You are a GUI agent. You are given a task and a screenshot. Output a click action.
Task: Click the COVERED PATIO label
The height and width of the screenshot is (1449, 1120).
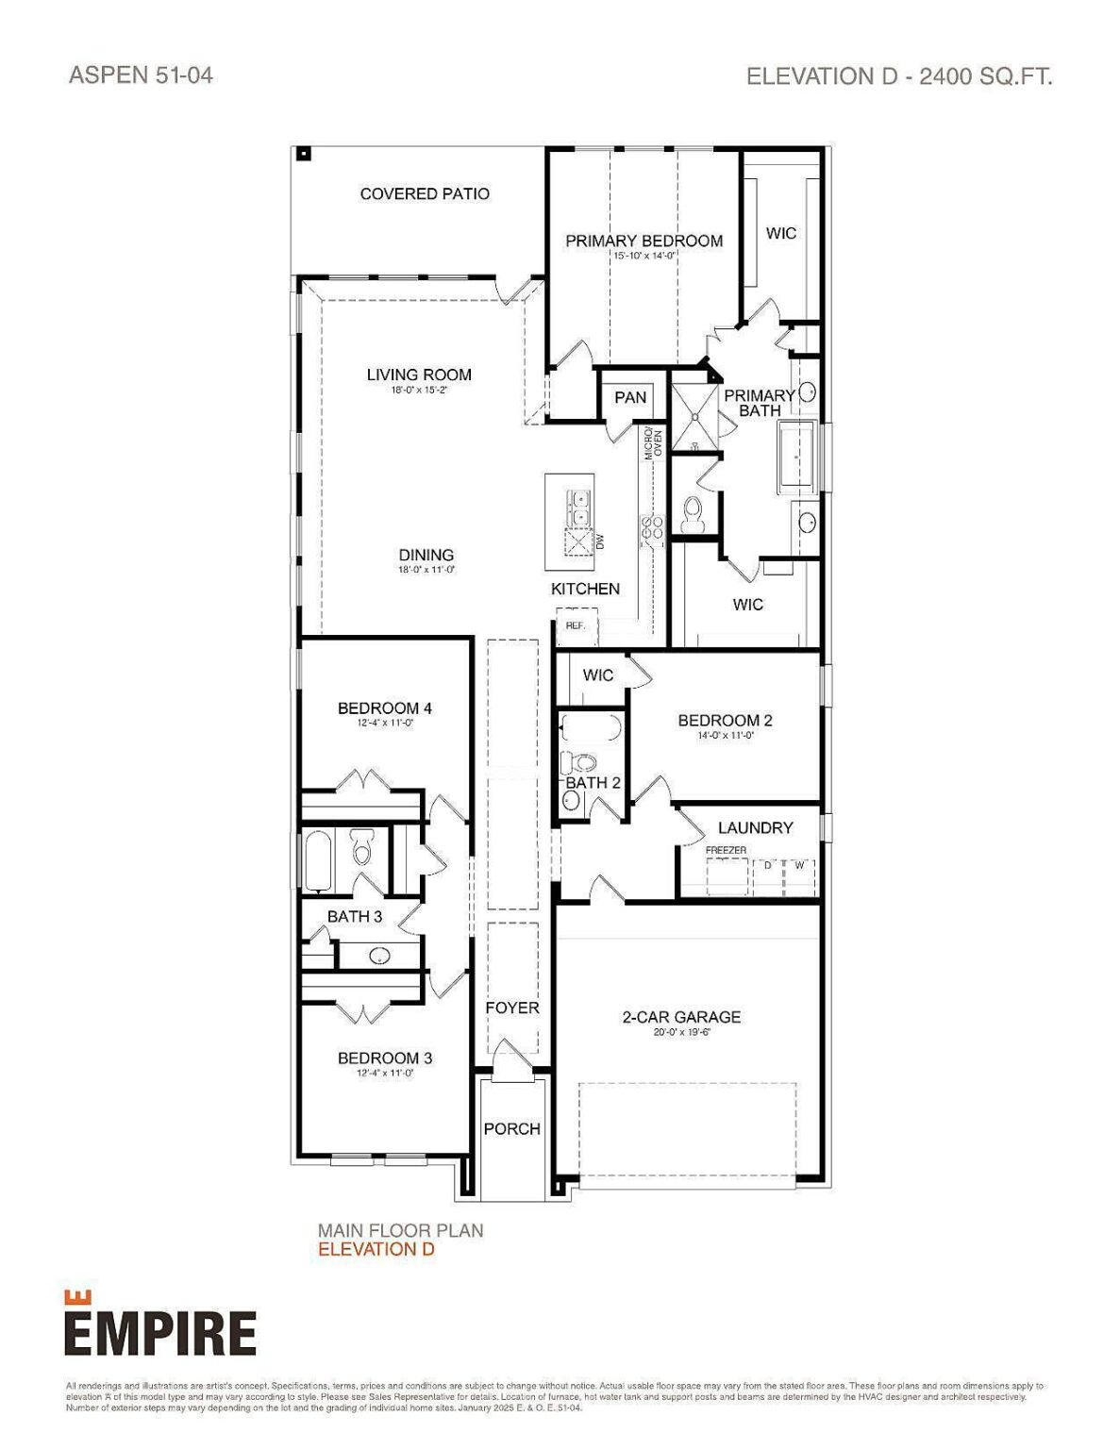pos(425,193)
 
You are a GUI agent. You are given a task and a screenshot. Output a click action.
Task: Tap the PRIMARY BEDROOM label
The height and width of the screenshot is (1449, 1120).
pos(644,241)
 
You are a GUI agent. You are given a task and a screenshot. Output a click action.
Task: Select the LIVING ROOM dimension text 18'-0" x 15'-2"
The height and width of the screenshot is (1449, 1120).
pos(418,390)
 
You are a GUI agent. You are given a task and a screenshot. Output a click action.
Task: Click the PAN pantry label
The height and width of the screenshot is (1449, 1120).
pos(630,397)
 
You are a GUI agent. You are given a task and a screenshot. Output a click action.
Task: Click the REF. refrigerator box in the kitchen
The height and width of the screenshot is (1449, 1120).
pos(576,625)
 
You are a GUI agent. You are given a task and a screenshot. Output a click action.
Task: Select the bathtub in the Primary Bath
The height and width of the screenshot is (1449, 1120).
pos(798,458)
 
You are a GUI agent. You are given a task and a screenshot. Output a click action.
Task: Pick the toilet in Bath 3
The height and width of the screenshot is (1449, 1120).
pos(362,847)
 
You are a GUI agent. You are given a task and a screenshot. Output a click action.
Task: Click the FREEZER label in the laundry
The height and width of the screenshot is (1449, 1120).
pos(727,850)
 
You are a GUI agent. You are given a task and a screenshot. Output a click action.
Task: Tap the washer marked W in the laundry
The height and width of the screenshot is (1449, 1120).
pos(800,865)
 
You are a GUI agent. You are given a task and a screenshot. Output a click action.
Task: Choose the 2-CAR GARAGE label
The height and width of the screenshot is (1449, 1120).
pos(681,1017)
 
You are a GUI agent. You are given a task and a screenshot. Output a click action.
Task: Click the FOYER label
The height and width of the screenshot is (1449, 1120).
pos(512,1008)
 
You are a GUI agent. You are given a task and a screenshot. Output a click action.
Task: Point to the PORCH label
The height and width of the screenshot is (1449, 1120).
pos(512,1128)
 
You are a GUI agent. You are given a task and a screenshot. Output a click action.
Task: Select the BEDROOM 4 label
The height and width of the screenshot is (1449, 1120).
pos(385,708)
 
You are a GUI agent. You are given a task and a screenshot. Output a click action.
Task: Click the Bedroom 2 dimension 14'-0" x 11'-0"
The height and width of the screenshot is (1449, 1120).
pos(725,736)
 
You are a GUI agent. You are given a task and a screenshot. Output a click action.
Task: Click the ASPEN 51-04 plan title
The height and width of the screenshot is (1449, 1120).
pos(142,75)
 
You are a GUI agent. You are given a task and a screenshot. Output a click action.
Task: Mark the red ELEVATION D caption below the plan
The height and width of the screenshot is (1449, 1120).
pos(376,1249)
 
